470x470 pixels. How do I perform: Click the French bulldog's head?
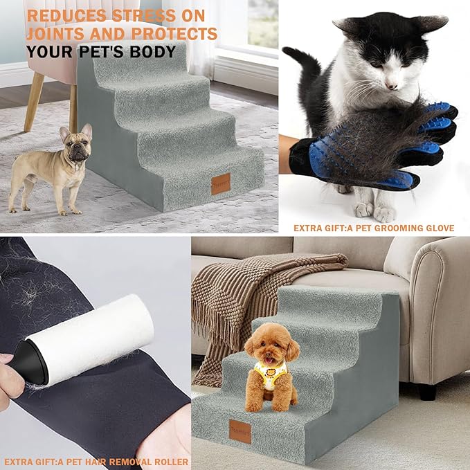[75, 143]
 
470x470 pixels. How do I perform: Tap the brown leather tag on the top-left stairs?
[222, 184]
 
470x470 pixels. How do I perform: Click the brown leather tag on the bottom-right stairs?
[239, 431]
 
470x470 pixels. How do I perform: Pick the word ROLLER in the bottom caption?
[168, 462]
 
